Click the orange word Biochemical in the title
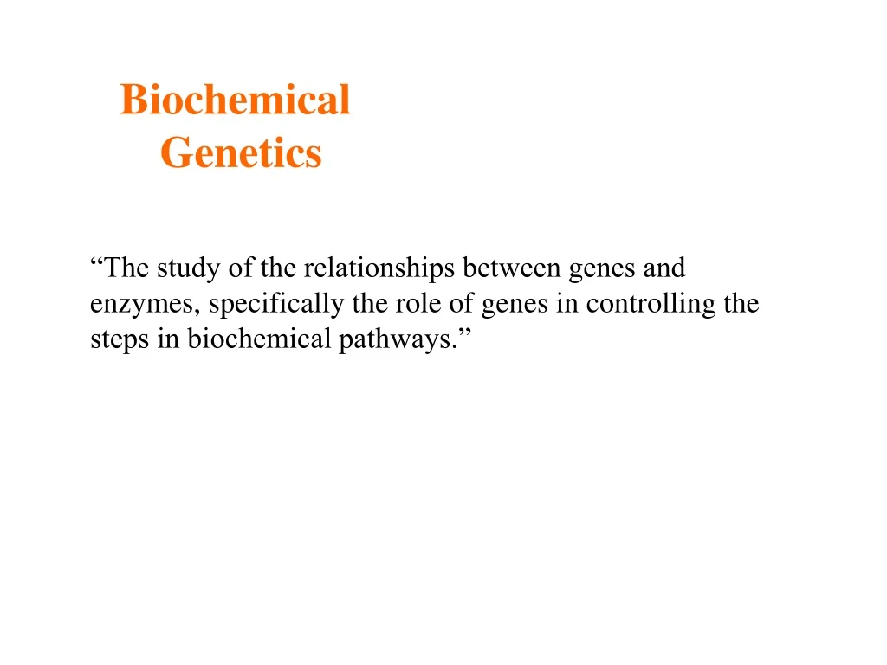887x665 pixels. pos(235,100)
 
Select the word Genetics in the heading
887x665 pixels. pos(241,153)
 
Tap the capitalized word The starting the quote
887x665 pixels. pos(127,268)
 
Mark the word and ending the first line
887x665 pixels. pos(664,268)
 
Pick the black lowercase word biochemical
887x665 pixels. pos(259,339)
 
